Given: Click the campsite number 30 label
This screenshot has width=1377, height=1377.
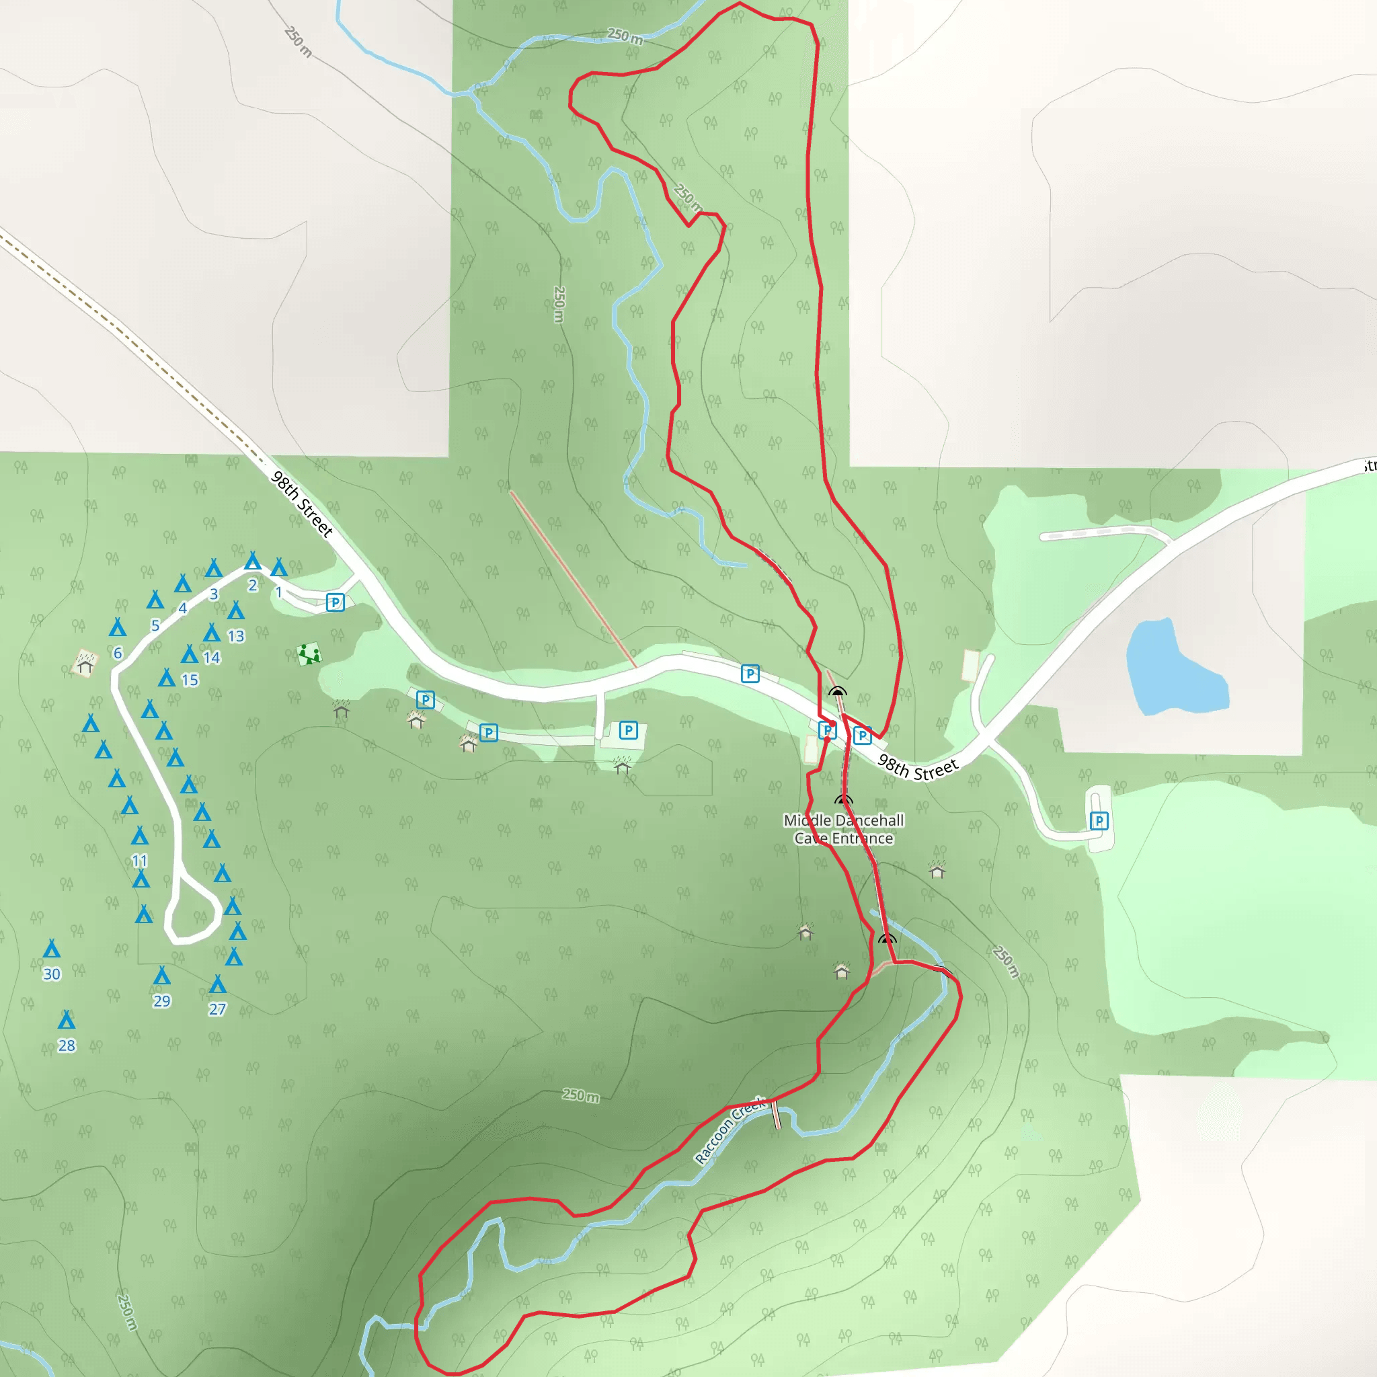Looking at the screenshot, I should (x=51, y=974).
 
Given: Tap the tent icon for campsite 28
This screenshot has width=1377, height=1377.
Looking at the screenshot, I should (x=67, y=1020).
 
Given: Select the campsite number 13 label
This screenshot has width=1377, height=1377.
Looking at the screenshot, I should (x=236, y=636).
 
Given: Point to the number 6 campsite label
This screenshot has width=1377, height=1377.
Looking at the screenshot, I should (x=118, y=653).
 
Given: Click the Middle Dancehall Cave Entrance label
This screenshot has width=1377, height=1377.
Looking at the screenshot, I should (x=843, y=829).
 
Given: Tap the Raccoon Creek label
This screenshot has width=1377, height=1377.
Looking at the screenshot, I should (x=727, y=1132).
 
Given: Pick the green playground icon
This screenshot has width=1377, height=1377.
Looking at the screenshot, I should (x=309, y=654).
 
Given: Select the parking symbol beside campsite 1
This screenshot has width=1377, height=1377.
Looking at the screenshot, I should (x=335, y=602).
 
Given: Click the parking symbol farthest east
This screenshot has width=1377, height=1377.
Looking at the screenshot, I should (x=1099, y=821).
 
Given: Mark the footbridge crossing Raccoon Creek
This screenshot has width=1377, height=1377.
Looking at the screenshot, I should (x=776, y=1115).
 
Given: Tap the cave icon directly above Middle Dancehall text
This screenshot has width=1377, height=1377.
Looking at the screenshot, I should (x=843, y=800).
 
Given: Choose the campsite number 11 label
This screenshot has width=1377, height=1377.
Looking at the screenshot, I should (x=140, y=861).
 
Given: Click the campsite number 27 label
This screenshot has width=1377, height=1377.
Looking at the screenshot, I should (x=217, y=1009).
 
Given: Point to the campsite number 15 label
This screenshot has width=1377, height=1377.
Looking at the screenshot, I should (x=190, y=680).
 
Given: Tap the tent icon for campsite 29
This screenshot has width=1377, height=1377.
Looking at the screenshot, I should (x=162, y=975).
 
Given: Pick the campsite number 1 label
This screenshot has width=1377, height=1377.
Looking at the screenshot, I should (x=278, y=592).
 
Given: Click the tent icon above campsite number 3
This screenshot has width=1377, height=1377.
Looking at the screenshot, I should (x=214, y=568).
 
